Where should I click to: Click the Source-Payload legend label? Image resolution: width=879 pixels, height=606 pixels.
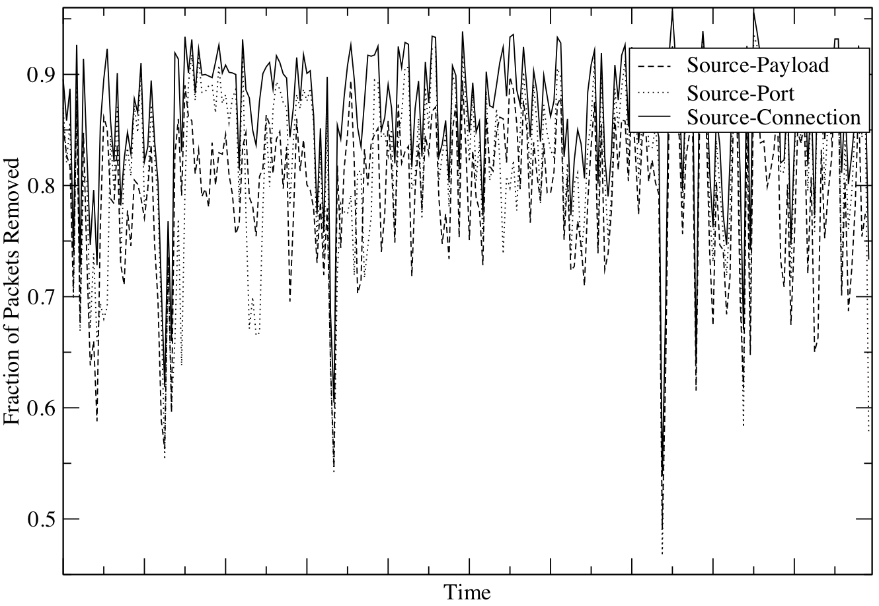pos(757,65)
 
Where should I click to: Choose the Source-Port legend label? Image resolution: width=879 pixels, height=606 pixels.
pos(740,91)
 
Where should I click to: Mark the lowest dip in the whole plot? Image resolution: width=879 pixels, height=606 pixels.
pos(662,553)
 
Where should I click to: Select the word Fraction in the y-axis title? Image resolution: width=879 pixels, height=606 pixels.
pos(14,390)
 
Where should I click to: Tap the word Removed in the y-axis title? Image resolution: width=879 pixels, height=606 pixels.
pos(14,216)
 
